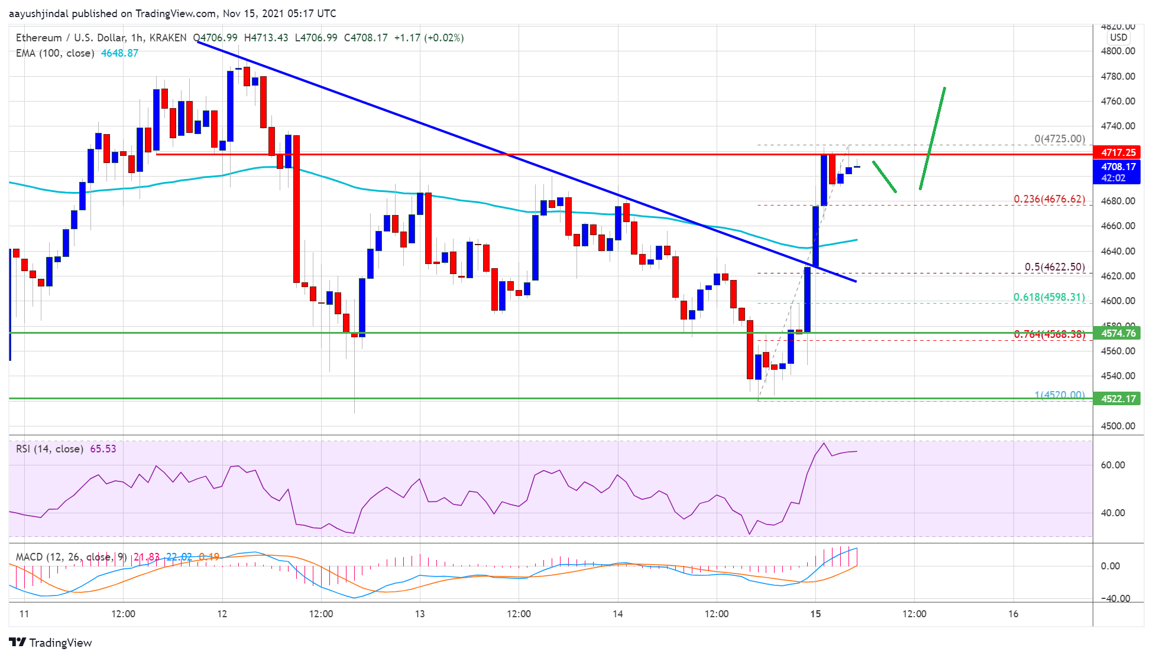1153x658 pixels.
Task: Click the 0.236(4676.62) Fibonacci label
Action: point(1049,199)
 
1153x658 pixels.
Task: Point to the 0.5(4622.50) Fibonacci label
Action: point(1054,267)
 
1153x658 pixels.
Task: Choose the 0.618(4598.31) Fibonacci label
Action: point(1049,297)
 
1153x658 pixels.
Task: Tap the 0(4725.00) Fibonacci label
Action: point(1059,139)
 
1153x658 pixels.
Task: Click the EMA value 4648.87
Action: point(119,53)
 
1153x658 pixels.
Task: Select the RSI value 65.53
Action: point(103,449)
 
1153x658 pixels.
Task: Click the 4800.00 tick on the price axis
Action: point(1118,51)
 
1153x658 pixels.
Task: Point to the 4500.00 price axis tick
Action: point(1118,426)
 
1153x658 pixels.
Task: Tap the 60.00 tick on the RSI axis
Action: point(1112,465)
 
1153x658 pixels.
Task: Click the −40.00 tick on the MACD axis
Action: point(1113,598)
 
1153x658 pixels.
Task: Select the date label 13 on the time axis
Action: point(420,614)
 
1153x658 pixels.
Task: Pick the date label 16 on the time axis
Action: point(1013,614)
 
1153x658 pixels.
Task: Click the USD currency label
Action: point(1118,37)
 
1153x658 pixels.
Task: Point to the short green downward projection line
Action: point(885,177)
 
